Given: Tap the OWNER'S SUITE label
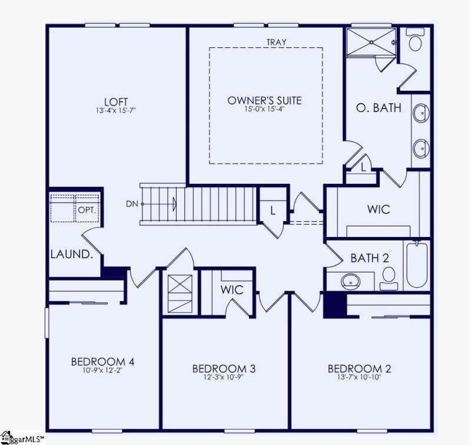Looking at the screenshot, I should tap(264, 100).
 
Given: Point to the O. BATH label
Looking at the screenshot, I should tap(379, 108).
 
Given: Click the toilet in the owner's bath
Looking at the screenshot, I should tap(416, 42).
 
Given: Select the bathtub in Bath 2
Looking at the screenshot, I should tap(416, 263).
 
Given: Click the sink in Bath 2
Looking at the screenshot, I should tap(350, 282).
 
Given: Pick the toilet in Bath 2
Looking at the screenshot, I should tap(389, 277).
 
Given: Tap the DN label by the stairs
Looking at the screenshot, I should tap(132, 204).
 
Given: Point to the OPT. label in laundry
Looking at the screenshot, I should tap(86, 209).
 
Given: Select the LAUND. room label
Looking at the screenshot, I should tap(72, 255).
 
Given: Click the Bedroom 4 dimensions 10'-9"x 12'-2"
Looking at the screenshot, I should tap(103, 371).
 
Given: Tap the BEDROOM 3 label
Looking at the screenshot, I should tap(224, 369).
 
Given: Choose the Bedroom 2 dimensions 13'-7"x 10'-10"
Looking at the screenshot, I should tap(359, 378).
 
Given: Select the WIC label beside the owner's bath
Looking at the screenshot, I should tap(378, 209).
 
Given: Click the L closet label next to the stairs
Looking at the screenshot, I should tap(273, 209).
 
